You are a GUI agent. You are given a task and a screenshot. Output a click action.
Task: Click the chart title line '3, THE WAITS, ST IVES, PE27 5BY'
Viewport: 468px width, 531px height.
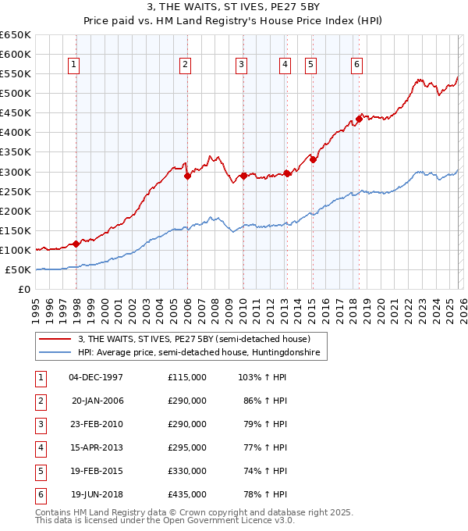point(233,7)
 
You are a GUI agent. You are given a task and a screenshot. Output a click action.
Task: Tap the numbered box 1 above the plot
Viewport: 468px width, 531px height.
point(74,66)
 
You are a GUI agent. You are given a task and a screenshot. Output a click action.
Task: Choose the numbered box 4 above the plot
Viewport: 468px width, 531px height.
point(285,66)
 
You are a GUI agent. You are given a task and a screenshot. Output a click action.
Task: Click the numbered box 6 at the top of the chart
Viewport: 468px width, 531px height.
point(356,66)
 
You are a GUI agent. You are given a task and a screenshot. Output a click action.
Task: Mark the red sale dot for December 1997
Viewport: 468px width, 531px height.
point(76,244)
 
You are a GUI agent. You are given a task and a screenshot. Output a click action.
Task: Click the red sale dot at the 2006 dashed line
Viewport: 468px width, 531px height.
point(187,176)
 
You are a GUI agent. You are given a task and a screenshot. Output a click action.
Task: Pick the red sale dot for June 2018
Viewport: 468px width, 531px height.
point(359,119)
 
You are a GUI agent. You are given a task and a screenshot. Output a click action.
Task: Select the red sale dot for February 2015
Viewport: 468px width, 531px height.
point(313,159)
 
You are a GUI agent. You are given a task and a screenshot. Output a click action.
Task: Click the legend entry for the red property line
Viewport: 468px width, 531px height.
point(194,339)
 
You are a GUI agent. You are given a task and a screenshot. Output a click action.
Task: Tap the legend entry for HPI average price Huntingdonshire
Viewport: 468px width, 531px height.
point(200,353)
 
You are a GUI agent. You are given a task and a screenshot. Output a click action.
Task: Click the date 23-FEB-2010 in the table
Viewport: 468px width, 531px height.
point(96,424)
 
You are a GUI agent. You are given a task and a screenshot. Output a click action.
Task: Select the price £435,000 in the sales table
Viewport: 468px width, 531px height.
point(186,494)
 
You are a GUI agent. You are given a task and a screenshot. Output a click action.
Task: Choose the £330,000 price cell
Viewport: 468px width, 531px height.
point(186,471)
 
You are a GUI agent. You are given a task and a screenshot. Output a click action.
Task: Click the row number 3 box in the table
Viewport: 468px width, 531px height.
point(40,424)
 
